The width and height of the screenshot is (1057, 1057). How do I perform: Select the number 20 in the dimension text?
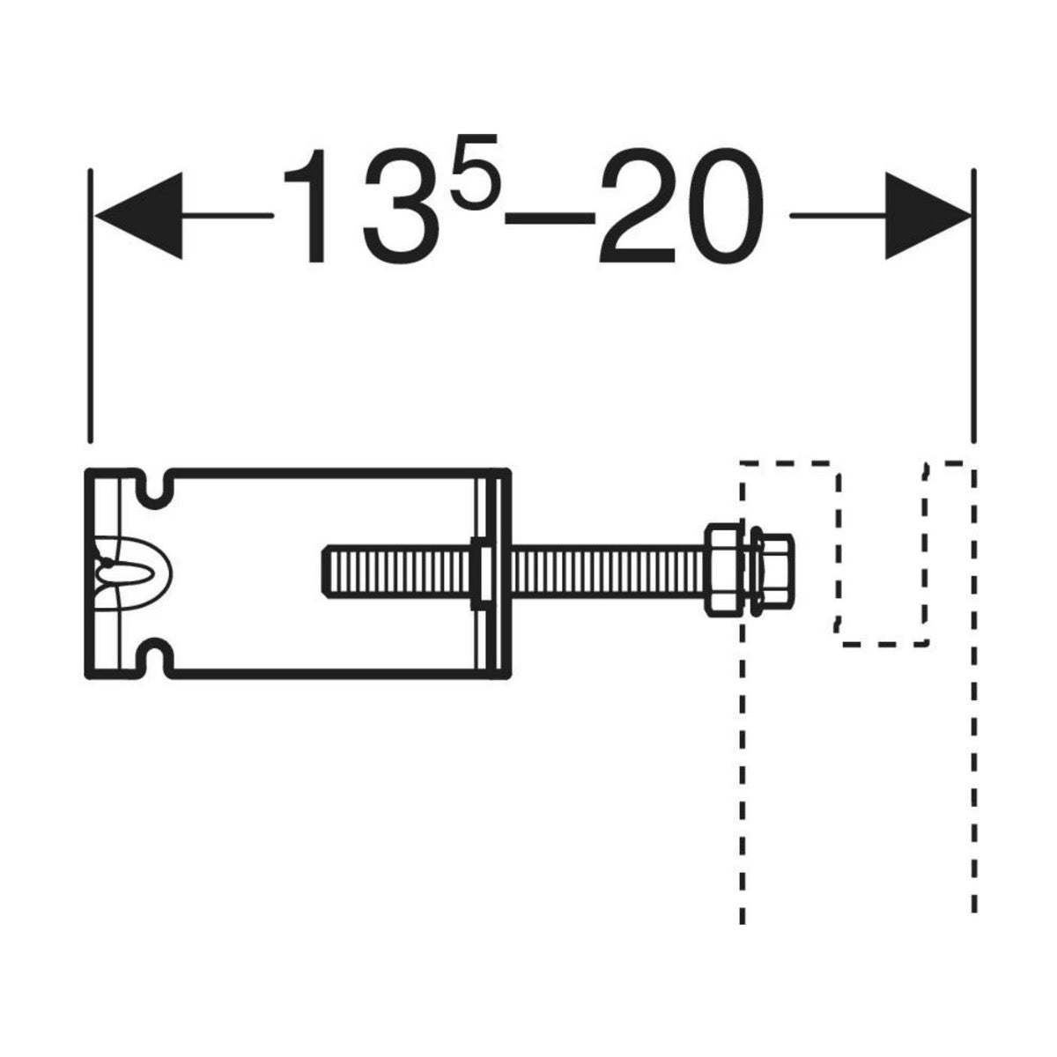[678, 207]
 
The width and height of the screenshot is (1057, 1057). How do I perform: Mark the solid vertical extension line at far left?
[89, 308]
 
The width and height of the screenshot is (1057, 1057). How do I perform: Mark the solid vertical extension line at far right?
[973, 308]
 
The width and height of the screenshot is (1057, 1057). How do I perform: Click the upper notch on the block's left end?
[152, 487]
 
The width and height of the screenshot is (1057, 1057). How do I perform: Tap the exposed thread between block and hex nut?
[608, 573]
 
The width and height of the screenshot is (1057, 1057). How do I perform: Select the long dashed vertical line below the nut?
[743, 793]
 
